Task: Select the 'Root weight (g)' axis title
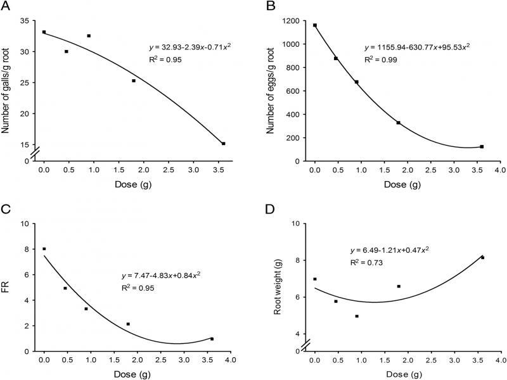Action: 276,288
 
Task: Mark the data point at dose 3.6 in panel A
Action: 224,144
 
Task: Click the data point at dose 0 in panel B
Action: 315,25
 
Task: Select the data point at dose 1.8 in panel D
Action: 399,286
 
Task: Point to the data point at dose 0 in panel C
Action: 44,249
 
